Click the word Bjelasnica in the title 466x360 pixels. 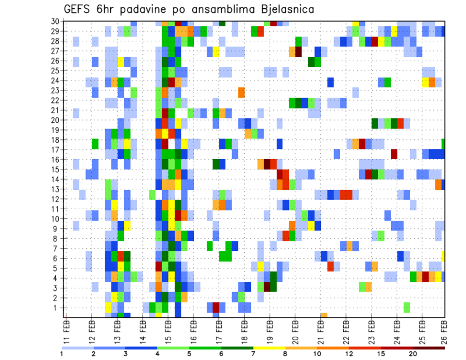(x=282, y=9)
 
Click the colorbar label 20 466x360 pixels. (x=413, y=354)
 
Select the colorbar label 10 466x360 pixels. (x=317, y=354)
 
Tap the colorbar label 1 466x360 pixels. (x=62, y=354)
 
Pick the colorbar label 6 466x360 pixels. (x=221, y=354)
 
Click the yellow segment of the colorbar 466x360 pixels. (x=269, y=348)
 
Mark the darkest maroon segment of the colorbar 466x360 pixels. (x=429, y=348)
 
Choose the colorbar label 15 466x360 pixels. (x=381, y=354)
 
